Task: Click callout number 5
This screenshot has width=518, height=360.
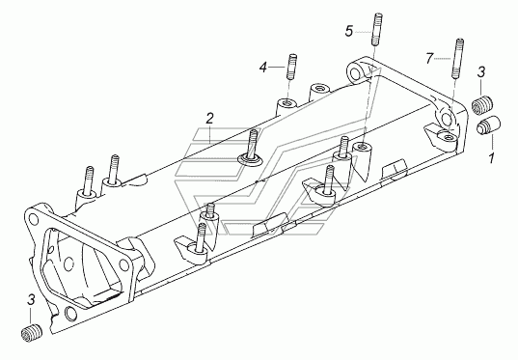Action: click(349, 31)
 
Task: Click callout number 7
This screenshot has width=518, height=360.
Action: click(429, 59)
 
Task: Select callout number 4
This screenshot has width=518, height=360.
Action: click(263, 68)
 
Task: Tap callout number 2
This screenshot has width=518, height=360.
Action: click(209, 119)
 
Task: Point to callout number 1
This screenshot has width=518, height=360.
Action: click(492, 158)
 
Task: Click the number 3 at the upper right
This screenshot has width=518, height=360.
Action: click(481, 71)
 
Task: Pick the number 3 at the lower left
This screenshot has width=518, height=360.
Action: click(31, 299)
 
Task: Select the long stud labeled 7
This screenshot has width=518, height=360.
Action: click(458, 59)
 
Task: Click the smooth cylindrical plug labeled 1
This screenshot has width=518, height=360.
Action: click(489, 125)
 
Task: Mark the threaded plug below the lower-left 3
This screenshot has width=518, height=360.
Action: click(32, 333)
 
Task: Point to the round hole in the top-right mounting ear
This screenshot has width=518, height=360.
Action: click(355, 73)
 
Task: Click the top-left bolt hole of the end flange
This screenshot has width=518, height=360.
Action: click(34, 218)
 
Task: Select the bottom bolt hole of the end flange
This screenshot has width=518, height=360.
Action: click(70, 313)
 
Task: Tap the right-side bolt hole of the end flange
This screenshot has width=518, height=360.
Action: click(123, 264)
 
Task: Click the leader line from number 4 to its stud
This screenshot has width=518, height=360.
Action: click(277, 68)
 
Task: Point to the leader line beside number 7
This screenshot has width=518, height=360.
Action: click(443, 59)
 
